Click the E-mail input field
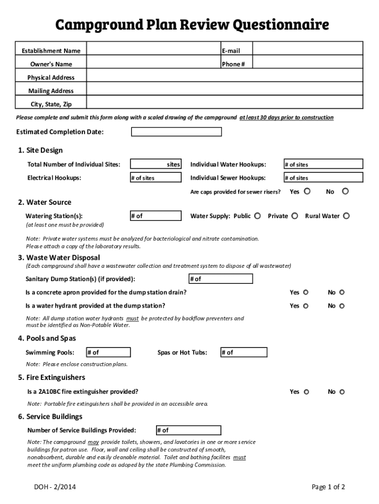pyautogui.click(x=308, y=51)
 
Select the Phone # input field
pyautogui.click(x=308, y=64)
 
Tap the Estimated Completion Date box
pyautogui.click(x=176, y=132)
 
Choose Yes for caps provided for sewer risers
pyautogui.click(x=307, y=191)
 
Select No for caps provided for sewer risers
pyautogui.click(x=345, y=191)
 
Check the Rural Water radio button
pyautogui.click(x=347, y=216)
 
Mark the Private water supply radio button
pyautogui.click(x=294, y=216)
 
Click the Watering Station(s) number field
pyautogui.click(x=156, y=216)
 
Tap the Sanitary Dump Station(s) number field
pyautogui.click(x=221, y=279)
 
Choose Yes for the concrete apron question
pyautogui.click(x=306, y=292)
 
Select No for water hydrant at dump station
pyautogui.click(x=342, y=306)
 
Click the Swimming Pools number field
pyautogui.click(x=108, y=352)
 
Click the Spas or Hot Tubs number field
pyautogui.click(x=244, y=352)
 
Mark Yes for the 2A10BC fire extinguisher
pyautogui.click(x=306, y=392)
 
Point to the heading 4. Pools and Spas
pyautogui.click(x=47, y=338)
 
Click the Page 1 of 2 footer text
pyautogui.click(x=328, y=487)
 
